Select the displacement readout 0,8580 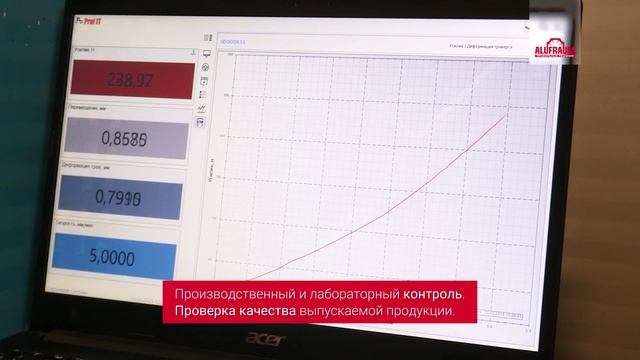(127, 138)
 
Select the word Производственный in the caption (234, 294)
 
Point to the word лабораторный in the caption (355, 294)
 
